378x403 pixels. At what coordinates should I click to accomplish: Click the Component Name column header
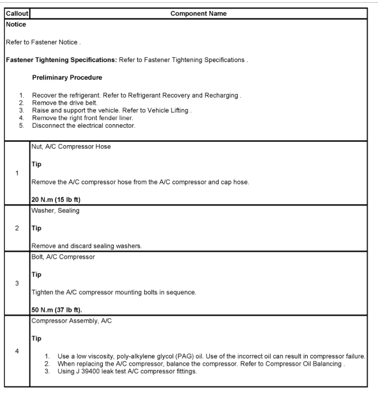pyautogui.click(x=199, y=14)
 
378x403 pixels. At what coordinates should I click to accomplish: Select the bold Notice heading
pyautogui.click(x=16, y=24)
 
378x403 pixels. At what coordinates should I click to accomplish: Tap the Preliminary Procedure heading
pyautogui.click(x=67, y=78)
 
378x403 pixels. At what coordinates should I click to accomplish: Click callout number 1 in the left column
pyautogui.click(x=17, y=173)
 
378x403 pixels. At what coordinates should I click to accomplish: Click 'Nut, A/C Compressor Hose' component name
pyautogui.click(x=71, y=147)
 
